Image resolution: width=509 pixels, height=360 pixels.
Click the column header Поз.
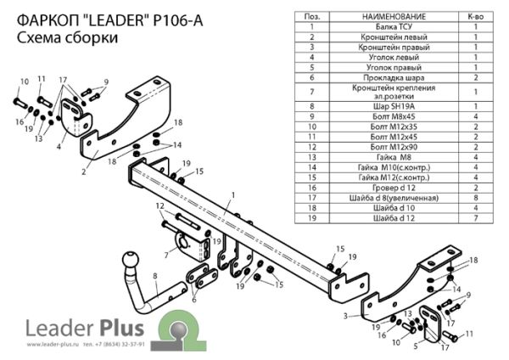coord(312,15)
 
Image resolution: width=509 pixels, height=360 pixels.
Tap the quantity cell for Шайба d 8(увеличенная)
coord(475,196)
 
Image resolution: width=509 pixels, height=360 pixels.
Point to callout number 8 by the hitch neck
coord(155,276)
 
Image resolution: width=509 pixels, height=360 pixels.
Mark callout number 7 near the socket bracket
coord(166,255)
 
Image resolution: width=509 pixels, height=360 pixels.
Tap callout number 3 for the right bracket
coord(346,316)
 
